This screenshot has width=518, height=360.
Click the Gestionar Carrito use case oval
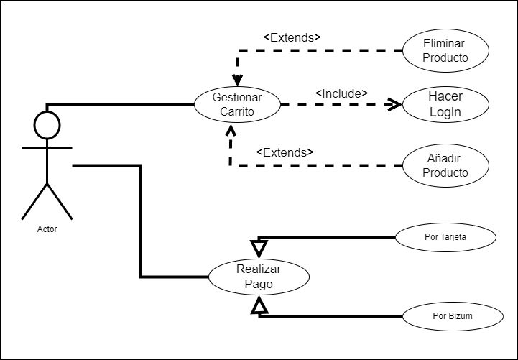237,104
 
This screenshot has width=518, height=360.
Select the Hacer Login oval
445,104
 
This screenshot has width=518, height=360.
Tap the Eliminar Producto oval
445,50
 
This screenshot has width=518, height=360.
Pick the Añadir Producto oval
445,166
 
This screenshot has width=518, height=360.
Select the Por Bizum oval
453,315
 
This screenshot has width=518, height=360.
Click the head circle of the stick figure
47,125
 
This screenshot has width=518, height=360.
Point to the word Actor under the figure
47,229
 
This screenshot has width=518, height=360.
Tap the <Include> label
341,93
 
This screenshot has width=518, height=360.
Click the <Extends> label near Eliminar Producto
292,37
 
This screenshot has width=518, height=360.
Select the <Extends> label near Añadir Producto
285,152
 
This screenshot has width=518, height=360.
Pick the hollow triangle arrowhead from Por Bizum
259,307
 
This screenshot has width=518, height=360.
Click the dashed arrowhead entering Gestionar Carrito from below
231,131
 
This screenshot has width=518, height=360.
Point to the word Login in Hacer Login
445,112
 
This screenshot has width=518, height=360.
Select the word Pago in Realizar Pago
258,285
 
